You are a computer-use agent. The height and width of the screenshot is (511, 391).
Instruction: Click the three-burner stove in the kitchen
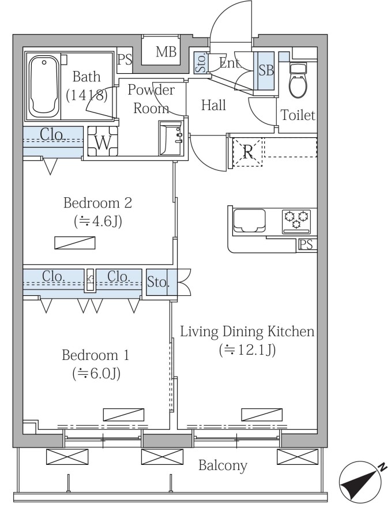coord(296,221)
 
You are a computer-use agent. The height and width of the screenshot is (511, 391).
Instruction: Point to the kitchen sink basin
coord(249,221)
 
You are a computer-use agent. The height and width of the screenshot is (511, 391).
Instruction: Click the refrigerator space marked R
coord(248,152)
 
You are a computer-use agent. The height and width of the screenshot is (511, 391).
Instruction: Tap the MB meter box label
coord(166,52)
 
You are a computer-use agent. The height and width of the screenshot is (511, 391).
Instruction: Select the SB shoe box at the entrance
coord(265,70)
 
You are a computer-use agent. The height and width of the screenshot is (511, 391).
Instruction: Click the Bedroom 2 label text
coord(98,203)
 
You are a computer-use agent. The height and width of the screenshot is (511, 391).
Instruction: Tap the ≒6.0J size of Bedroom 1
coord(96,374)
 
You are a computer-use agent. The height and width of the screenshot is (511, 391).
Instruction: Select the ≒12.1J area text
coord(247,350)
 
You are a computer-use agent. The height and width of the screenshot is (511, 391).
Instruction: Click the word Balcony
coord(223,465)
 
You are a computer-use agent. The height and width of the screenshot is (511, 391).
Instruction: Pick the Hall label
coord(213,106)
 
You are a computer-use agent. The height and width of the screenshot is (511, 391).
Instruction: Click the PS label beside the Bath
coord(125,59)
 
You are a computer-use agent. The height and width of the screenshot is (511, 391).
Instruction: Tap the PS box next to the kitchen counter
coord(307,245)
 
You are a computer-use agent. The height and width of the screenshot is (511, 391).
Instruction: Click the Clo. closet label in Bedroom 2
coord(53,134)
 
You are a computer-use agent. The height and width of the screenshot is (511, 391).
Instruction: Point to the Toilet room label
coord(298,115)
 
